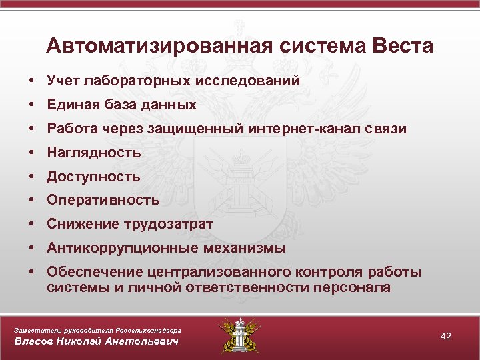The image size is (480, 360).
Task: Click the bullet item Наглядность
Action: tap(94, 153)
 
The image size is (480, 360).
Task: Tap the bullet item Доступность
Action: tap(93, 177)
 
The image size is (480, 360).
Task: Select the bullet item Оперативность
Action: tap(103, 200)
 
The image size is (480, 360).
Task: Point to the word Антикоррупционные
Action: tap(111, 248)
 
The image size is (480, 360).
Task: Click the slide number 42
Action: tap(446, 336)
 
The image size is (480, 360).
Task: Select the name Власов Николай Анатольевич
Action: tap(97, 342)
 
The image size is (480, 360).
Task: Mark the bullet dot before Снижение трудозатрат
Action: tap(31, 224)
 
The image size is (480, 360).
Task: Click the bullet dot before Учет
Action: tap(31, 81)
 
